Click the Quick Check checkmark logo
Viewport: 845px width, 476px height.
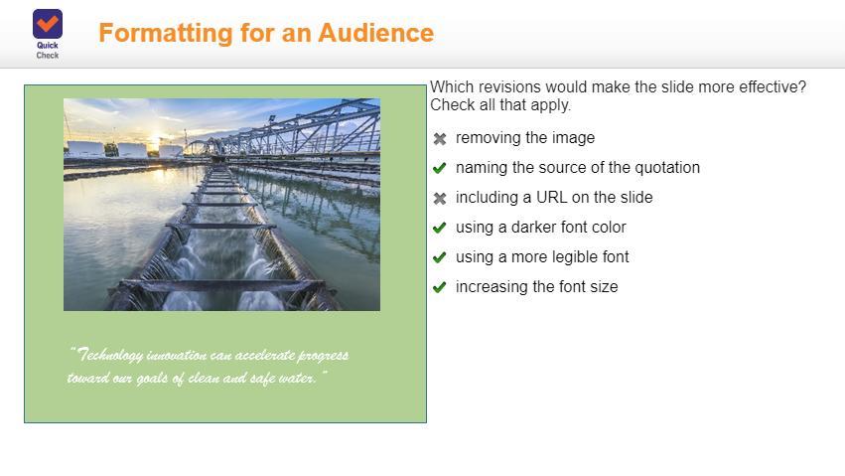point(48,24)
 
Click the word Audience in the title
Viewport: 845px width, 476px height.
point(375,33)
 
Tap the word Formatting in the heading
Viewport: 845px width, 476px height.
point(166,34)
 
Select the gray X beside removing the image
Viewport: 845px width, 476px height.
point(440,139)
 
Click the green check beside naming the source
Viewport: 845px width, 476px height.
point(440,168)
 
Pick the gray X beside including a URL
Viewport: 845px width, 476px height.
point(440,199)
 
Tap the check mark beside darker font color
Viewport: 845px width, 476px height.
point(440,228)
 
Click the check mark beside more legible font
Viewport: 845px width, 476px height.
point(440,257)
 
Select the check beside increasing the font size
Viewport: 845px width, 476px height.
point(440,287)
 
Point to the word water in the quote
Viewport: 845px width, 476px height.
point(297,378)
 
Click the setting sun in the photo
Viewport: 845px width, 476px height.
point(155,139)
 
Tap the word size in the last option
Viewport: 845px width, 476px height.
point(604,287)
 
